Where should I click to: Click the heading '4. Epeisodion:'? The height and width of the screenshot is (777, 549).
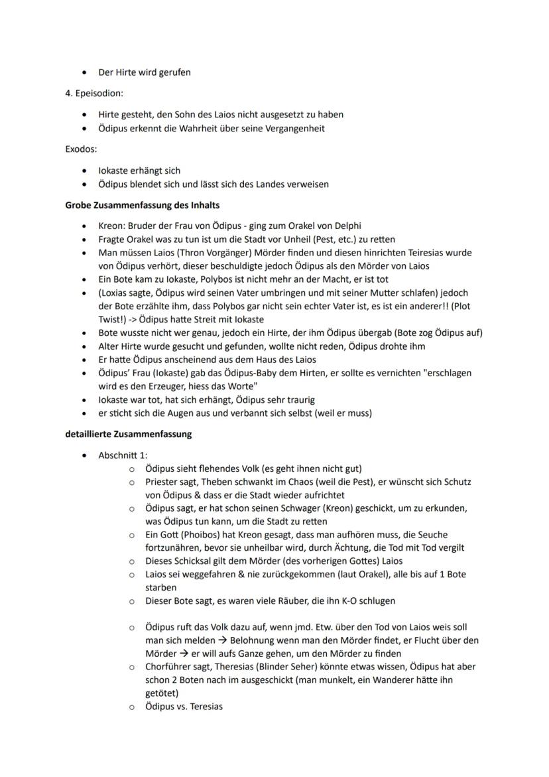point(93,94)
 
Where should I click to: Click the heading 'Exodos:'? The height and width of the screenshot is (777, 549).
point(81,149)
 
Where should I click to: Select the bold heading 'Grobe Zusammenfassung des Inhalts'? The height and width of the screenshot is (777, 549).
point(142,205)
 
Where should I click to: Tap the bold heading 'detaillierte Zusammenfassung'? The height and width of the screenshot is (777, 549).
point(128,435)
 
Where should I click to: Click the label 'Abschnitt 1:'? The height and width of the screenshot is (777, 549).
point(123,455)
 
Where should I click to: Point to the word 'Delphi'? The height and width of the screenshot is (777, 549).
point(346,226)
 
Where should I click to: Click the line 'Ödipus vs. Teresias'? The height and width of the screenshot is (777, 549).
point(184,707)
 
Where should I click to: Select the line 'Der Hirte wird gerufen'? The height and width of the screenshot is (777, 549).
point(145,72)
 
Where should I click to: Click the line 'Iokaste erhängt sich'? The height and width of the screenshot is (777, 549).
point(139,171)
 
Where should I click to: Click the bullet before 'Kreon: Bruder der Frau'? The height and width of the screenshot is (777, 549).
point(84,226)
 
